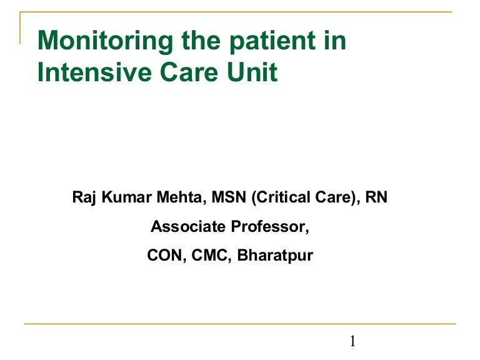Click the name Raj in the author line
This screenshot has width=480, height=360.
(x=84, y=198)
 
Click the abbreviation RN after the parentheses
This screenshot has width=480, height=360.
(x=377, y=198)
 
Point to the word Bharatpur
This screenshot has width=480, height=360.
(x=276, y=256)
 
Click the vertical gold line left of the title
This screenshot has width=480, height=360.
(x=21, y=28)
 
